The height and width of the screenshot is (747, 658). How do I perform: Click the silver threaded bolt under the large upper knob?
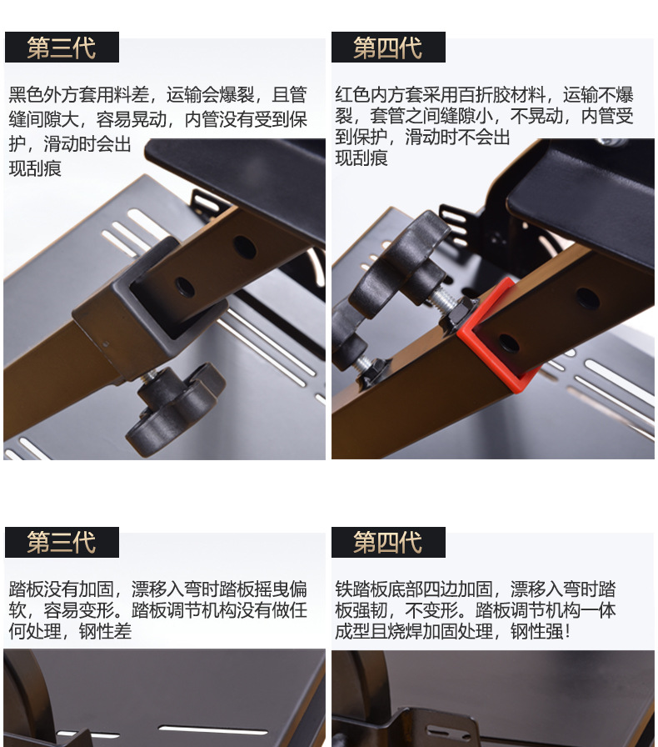point(441,301)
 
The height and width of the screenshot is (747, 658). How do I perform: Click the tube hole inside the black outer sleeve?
point(184,288)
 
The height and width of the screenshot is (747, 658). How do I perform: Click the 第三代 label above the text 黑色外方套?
point(62,48)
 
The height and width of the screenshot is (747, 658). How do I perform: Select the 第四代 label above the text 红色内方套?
point(388,48)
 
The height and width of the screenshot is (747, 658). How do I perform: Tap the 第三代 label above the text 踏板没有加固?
point(62,543)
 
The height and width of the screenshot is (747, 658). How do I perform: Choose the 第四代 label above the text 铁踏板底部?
point(388,543)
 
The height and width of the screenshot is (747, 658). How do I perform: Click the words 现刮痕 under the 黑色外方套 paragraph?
point(35,168)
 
